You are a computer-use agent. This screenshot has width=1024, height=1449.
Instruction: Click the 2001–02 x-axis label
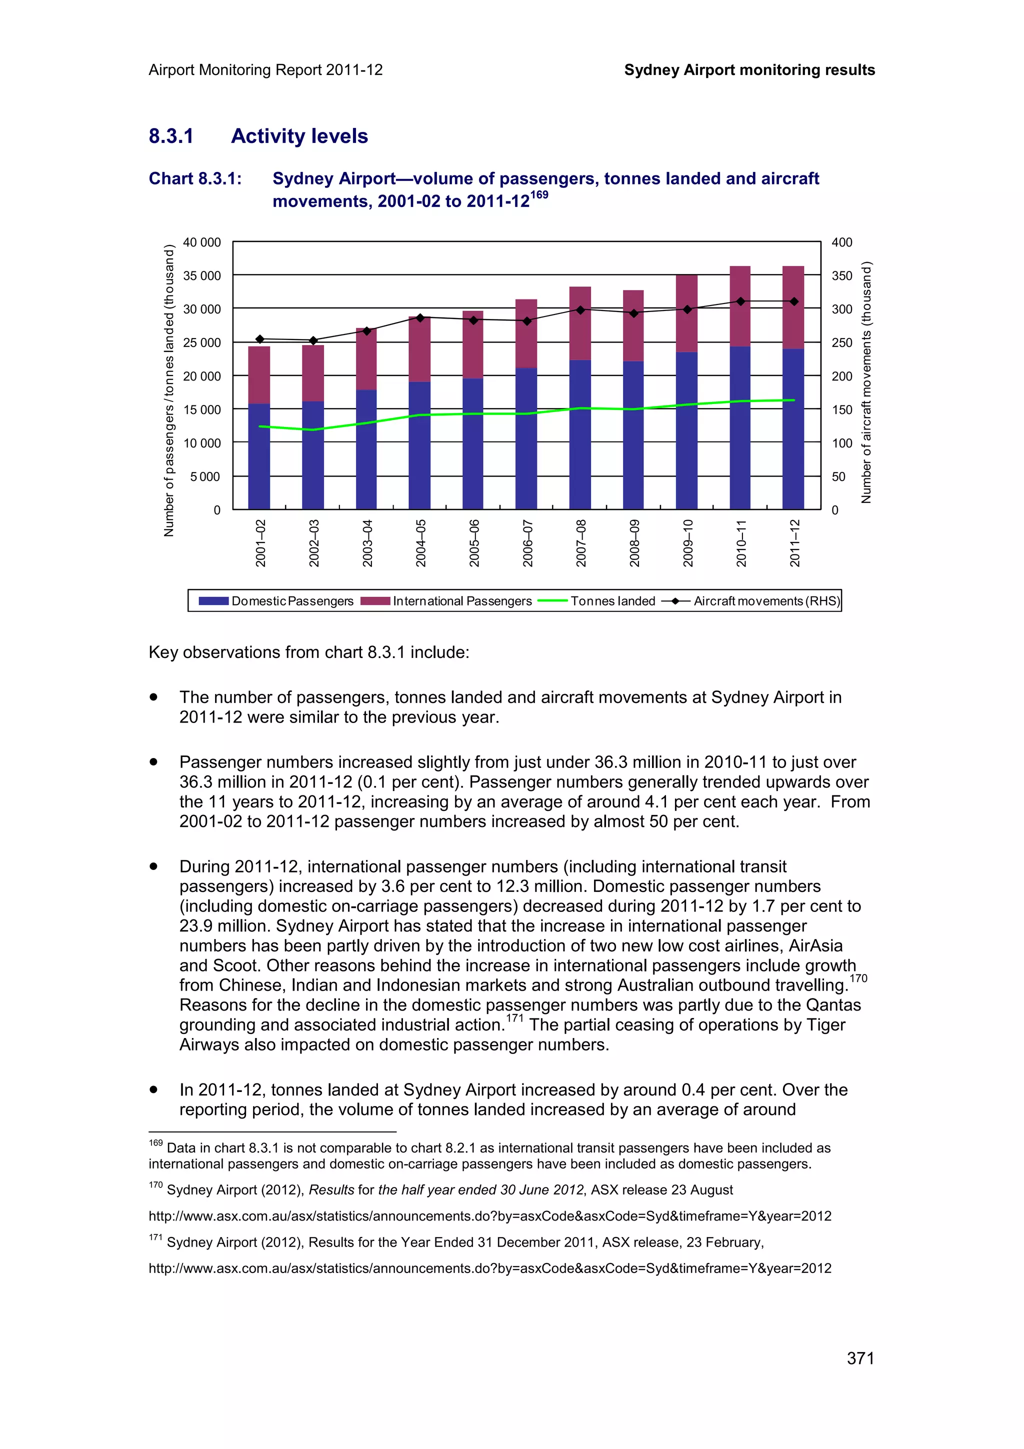(x=260, y=542)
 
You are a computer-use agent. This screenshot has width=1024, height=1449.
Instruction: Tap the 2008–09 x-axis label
(x=634, y=542)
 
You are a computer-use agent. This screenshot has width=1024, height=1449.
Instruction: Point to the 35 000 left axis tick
(x=202, y=276)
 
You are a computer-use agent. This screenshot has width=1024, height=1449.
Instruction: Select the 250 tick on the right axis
(x=841, y=342)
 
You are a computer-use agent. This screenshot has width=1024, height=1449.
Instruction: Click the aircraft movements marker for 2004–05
(x=420, y=317)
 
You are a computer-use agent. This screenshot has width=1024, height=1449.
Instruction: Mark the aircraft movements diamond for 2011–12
(x=793, y=301)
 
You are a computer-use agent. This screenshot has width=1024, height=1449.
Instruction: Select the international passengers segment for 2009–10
(x=686, y=313)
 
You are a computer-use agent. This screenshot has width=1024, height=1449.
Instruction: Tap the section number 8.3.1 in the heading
(x=171, y=136)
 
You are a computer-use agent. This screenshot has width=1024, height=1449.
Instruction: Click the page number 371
(x=860, y=1358)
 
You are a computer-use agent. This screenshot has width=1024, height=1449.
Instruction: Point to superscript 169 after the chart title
(x=539, y=195)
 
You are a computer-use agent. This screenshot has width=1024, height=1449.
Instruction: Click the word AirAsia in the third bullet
(x=815, y=945)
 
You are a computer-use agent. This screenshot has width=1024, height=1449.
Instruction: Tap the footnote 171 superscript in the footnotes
(x=155, y=1237)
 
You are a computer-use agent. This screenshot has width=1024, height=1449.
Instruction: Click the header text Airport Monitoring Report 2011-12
(x=265, y=70)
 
